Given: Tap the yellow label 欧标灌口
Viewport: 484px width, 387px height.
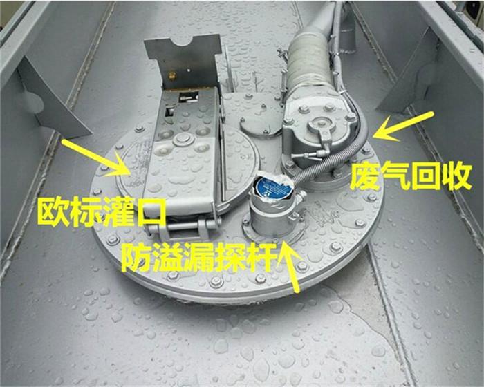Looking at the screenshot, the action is [x=101, y=213].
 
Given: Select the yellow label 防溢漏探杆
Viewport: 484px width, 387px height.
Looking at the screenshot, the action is [x=199, y=257].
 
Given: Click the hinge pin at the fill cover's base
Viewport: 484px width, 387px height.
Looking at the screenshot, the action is [x=182, y=226].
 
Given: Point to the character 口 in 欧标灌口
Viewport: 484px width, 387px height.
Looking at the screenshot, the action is [x=151, y=214].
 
